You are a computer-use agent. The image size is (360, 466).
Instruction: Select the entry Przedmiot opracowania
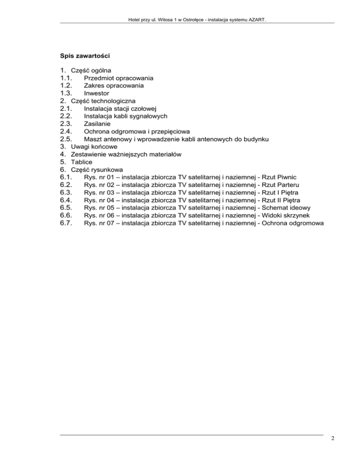tap(119, 78)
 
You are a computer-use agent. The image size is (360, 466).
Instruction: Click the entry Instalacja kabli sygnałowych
tap(126, 116)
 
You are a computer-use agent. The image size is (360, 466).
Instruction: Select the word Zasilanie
tap(97, 123)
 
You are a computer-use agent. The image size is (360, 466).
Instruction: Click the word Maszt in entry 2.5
tap(93, 139)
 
